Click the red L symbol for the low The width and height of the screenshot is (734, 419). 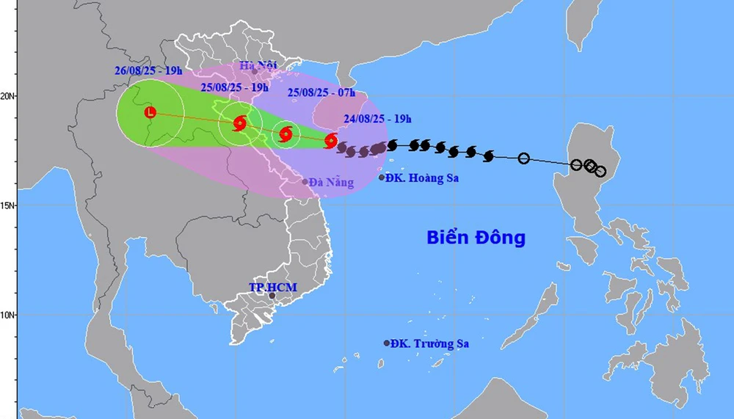coord(150,112)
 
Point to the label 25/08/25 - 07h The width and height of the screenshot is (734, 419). coord(321,92)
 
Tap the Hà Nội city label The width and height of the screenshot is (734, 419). coord(257,65)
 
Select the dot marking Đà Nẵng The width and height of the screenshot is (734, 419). coord(305,181)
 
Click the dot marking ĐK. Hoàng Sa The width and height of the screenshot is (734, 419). coord(382,178)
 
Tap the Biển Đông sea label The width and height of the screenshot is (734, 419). coord(476,238)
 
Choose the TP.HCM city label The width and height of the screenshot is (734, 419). coord(272,287)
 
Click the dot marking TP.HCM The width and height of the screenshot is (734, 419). coord(272,296)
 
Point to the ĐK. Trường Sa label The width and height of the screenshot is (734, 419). coord(429,343)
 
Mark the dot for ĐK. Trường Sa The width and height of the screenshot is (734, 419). coord(387,343)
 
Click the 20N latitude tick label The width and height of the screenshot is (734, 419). coord(9,95)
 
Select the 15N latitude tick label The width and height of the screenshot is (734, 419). coord(9,205)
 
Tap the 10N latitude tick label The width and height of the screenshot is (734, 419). coord(9,315)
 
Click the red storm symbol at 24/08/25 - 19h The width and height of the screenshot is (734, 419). coord(331,139)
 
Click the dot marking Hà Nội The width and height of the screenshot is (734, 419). coord(255,71)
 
